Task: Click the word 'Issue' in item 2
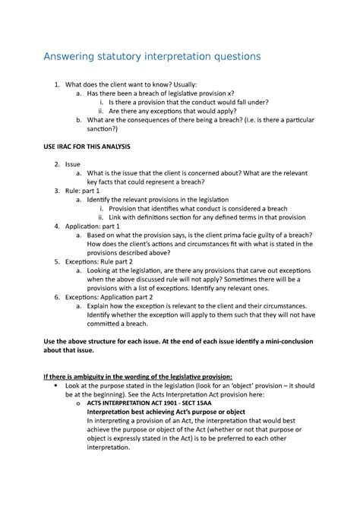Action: pos(73,163)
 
